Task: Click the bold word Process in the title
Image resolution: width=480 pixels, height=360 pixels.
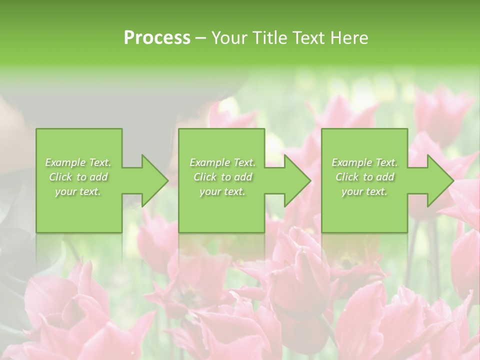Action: tap(157, 38)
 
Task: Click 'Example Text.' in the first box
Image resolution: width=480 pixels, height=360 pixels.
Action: tap(78, 162)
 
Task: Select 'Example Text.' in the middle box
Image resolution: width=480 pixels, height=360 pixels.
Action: tap(222, 162)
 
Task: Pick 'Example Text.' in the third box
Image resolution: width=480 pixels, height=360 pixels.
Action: tap(364, 162)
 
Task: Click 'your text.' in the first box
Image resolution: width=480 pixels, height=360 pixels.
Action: tap(78, 191)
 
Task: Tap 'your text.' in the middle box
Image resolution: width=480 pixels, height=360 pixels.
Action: tap(222, 191)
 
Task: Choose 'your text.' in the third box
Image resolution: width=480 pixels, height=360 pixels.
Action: tap(364, 191)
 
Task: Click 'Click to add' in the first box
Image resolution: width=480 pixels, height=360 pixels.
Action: tap(78, 177)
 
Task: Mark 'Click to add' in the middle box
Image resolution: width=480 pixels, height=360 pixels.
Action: tap(222, 177)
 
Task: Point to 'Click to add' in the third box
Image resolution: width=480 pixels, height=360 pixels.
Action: tap(364, 177)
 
